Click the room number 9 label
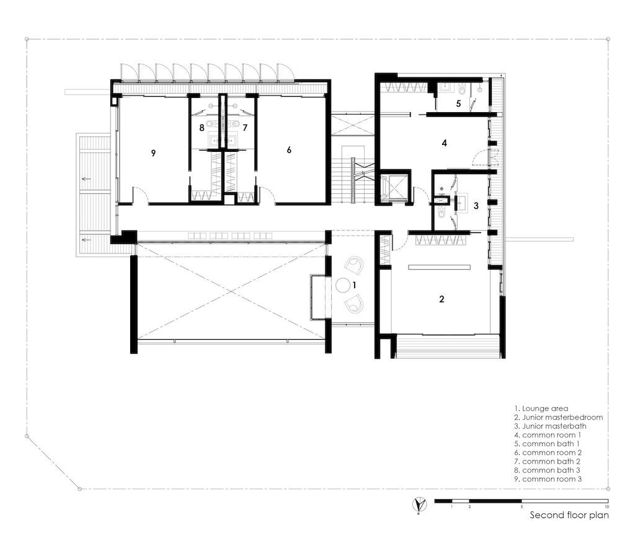153,153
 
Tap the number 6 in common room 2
289,150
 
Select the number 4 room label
444,143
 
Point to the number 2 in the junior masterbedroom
442,299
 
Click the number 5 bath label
458,104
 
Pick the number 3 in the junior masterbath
476,206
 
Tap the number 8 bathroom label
202,128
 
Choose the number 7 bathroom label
244,128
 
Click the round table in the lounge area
343,285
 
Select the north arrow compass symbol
419,505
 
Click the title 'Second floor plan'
569,515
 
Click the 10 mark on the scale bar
606,506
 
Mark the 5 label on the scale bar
522,506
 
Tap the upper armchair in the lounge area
354,265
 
